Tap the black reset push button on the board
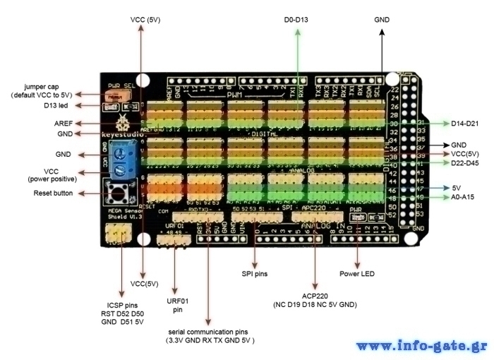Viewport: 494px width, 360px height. (116, 191)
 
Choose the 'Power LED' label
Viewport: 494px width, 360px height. (356, 272)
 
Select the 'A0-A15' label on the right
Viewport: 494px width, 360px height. (464, 198)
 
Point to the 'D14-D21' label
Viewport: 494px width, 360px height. (466, 124)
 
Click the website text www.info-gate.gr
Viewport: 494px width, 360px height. (421, 346)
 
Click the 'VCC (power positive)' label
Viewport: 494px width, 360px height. (52, 174)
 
